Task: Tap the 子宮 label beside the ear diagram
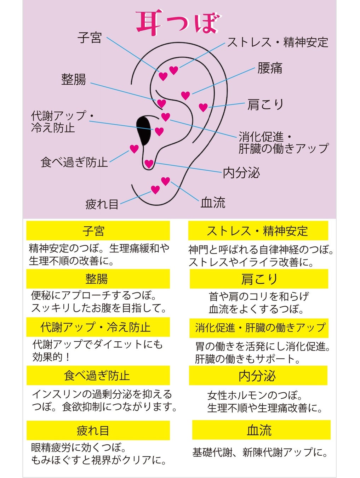pyautogui.click(x=90, y=38)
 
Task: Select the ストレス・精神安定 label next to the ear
pyautogui.click(x=278, y=42)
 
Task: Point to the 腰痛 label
pyautogui.click(x=270, y=68)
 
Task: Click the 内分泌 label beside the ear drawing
pyautogui.click(x=241, y=173)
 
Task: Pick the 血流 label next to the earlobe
pyautogui.click(x=213, y=203)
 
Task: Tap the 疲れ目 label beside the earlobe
pyautogui.click(x=102, y=204)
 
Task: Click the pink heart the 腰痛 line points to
pyautogui.click(x=185, y=95)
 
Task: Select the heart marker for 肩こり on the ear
pyautogui.click(x=203, y=107)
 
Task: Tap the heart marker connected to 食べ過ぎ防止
pyautogui.click(x=134, y=149)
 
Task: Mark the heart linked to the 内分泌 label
pyautogui.click(x=149, y=164)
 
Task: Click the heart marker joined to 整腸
pyautogui.click(x=161, y=103)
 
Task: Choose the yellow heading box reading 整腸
pyautogui.click(x=98, y=279)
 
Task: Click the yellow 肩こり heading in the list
pyautogui.click(x=259, y=279)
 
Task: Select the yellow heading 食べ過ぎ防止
pyautogui.click(x=98, y=375)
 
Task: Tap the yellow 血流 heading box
pyautogui.click(x=261, y=430)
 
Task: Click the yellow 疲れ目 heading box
pyautogui.click(x=98, y=430)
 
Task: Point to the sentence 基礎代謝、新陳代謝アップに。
pyautogui.click(x=260, y=452)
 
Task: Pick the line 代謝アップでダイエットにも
pyautogui.click(x=97, y=344)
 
